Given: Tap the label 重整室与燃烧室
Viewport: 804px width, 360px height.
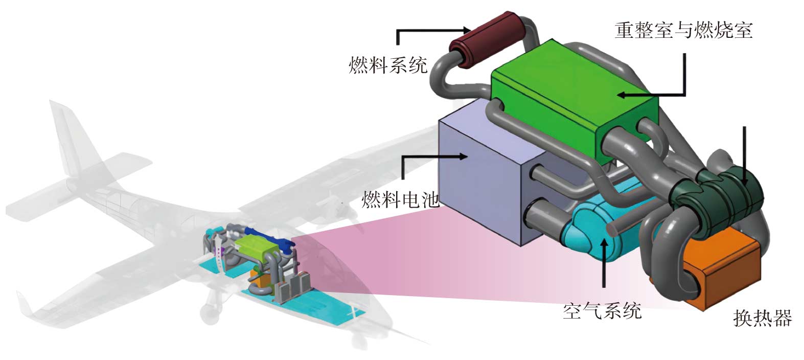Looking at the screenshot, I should pos(683,30).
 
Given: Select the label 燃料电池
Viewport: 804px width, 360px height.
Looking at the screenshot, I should pos(400,199).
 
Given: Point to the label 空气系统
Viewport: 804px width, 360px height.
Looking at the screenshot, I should pos(602,310).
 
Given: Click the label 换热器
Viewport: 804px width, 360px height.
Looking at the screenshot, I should pos(762,318).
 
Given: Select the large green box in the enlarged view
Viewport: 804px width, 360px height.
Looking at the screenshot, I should pos(572,102).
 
